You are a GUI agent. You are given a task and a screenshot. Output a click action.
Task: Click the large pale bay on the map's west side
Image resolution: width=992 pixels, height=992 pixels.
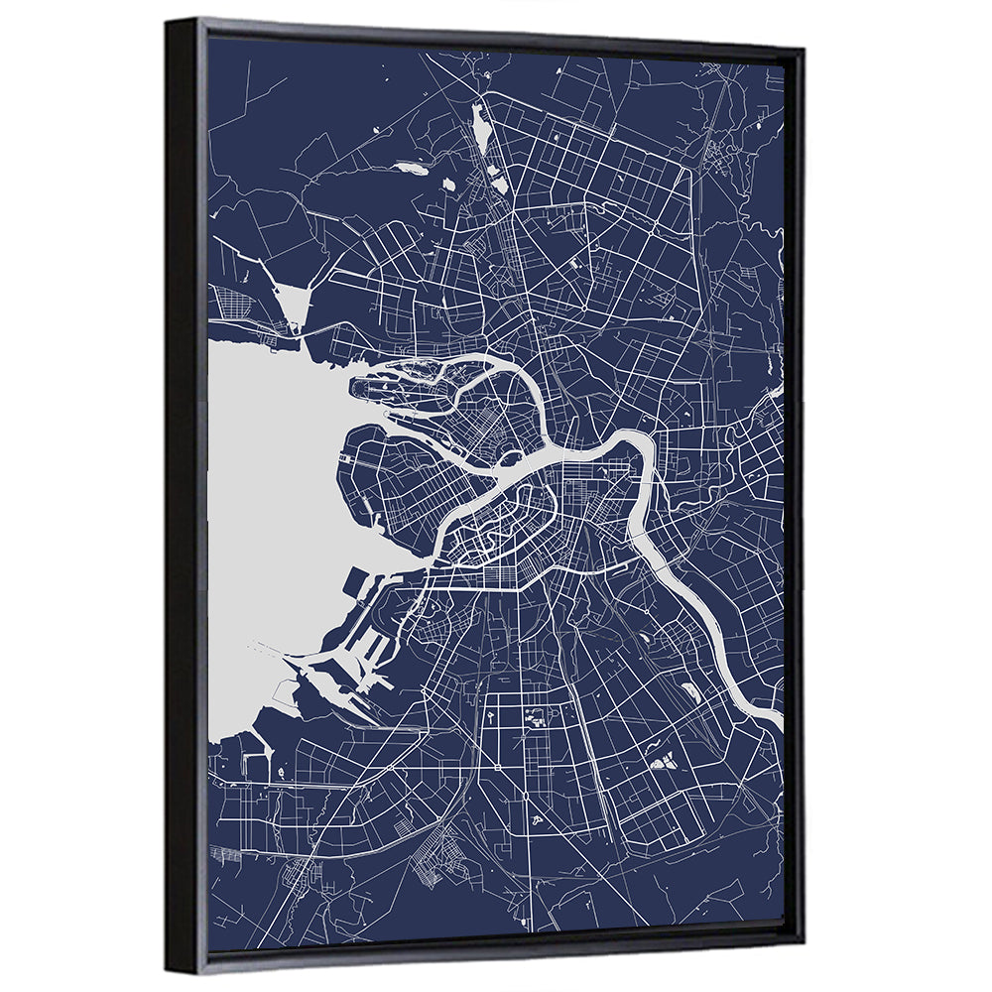click(268, 496)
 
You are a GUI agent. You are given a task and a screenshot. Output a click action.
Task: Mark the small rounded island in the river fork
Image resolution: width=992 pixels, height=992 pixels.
click(512, 460)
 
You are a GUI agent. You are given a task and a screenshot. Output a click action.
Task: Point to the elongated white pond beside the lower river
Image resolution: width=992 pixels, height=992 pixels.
click(690, 691)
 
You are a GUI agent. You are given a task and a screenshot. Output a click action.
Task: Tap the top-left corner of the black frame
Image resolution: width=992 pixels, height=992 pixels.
click(171, 22)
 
